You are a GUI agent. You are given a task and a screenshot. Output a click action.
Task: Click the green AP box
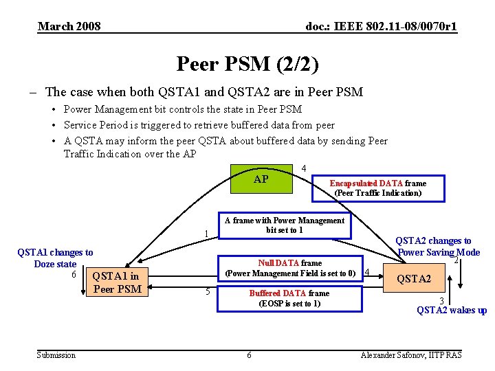pyautogui.click(x=261, y=180)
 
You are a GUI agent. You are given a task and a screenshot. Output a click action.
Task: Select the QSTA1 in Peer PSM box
pyautogui.click(x=116, y=282)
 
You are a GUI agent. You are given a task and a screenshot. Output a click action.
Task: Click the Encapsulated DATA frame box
pyautogui.click(x=377, y=188)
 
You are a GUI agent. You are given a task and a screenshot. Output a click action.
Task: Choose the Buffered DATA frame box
pyautogui.click(x=289, y=297)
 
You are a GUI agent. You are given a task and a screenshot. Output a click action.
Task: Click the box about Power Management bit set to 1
pyautogui.click(x=284, y=225)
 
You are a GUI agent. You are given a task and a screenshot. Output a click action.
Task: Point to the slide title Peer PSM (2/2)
pyautogui.click(x=247, y=65)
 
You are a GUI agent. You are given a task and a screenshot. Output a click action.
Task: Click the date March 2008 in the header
pyautogui.click(x=69, y=27)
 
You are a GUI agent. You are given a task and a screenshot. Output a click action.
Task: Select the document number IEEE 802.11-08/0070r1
pyautogui.click(x=381, y=27)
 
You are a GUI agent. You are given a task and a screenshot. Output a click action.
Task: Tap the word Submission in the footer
pyautogui.click(x=56, y=355)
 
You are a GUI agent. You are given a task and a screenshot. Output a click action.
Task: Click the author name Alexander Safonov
pyautogui.click(x=411, y=355)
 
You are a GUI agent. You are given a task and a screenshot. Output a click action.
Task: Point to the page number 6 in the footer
pyautogui.click(x=249, y=355)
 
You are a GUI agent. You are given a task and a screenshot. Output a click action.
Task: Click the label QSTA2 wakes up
pyautogui.click(x=452, y=310)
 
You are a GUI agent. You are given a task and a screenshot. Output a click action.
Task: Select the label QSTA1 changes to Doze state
pyautogui.click(x=55, y=258)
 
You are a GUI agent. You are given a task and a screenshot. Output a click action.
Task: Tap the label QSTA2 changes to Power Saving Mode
pyautogui.click(x=438, y=246)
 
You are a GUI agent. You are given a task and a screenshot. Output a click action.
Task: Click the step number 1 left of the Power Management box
pyautogui.click(x=206, y=234)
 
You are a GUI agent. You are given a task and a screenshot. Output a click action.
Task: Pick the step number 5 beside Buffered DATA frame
pyautogui.click(x=208, y=291)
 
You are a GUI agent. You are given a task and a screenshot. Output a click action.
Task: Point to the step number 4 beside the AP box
pyautogui.click(x=303, y=168)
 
